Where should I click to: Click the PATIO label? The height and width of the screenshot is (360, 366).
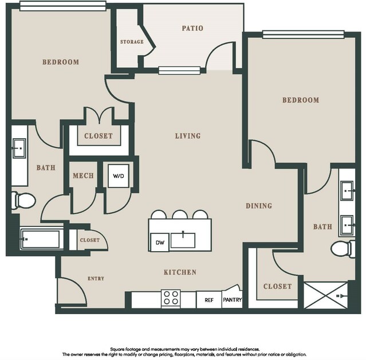click(x=192, y=28)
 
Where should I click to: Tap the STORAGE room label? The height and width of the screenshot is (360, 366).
click(x=132, y=42)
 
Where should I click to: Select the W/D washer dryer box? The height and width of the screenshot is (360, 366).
click(x=119, y=176)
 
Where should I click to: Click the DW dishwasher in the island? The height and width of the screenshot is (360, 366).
click(x=160, y=242)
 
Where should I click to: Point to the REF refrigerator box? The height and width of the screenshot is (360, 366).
click(x=209, y=300)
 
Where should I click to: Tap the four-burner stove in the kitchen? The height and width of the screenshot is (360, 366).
click(x=171, y=298)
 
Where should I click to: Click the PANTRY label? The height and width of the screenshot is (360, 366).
click(x=232, y=300)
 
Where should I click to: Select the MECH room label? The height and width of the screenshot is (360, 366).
click(x=83, y=175)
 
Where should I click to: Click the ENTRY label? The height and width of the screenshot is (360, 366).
click(x=96, y=279)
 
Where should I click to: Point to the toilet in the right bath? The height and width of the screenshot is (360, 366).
click(x=343, y=249)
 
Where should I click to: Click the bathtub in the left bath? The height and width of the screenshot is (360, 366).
click(x=41, y=239)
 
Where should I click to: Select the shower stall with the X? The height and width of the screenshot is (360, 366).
click(x=326, y=295)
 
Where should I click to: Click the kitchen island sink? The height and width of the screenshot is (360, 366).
click(x=183, y=240)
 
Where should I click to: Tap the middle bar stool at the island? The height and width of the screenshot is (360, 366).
click(x=180, y=214)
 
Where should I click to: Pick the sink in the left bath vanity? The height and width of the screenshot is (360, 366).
click(x=19, y=148)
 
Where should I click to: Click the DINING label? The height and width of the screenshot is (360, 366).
click(x=259, y=206)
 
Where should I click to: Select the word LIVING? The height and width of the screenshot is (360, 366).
click(x=188, y=136)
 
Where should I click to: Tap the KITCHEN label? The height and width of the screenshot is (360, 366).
click(x=180, y=272)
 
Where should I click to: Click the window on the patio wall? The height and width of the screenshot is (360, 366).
click(x=179, y=71)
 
